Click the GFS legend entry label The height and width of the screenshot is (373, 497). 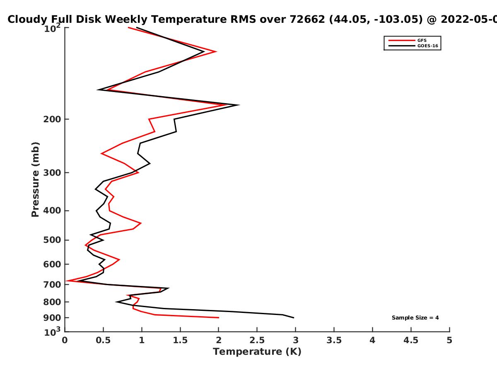click(422, 40)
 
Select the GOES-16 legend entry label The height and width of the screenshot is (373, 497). click(427, 46)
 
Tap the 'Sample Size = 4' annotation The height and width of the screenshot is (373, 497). click(415, 318)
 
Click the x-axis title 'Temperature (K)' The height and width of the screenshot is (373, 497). click(257, 352)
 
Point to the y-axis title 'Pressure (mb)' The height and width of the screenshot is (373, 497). click(35, 179)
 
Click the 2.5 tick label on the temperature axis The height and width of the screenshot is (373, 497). click(257, 340)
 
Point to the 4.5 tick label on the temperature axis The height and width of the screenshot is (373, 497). click(411, 340)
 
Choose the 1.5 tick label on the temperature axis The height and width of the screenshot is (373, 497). click(180, 340)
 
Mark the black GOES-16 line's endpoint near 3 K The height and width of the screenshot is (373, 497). click(294, 318)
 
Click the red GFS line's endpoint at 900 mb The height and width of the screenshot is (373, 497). click(219, 318)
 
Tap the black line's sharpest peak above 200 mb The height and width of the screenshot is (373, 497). click(239, 105)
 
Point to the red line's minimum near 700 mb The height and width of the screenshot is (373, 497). click(67, 281)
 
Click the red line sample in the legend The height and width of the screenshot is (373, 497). click(402, 41)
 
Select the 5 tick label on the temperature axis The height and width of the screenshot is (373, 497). click(449, 340)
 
